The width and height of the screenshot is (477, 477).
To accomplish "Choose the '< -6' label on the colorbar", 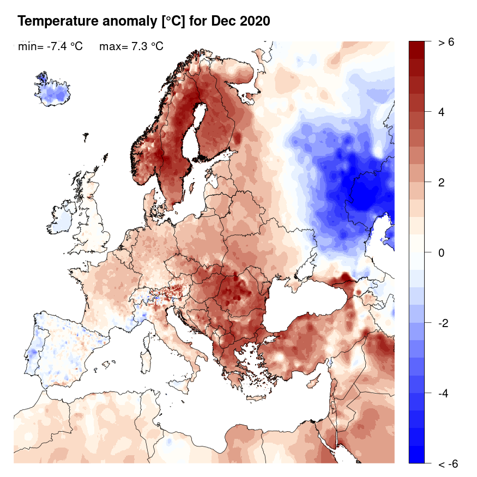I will click(448, 464).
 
